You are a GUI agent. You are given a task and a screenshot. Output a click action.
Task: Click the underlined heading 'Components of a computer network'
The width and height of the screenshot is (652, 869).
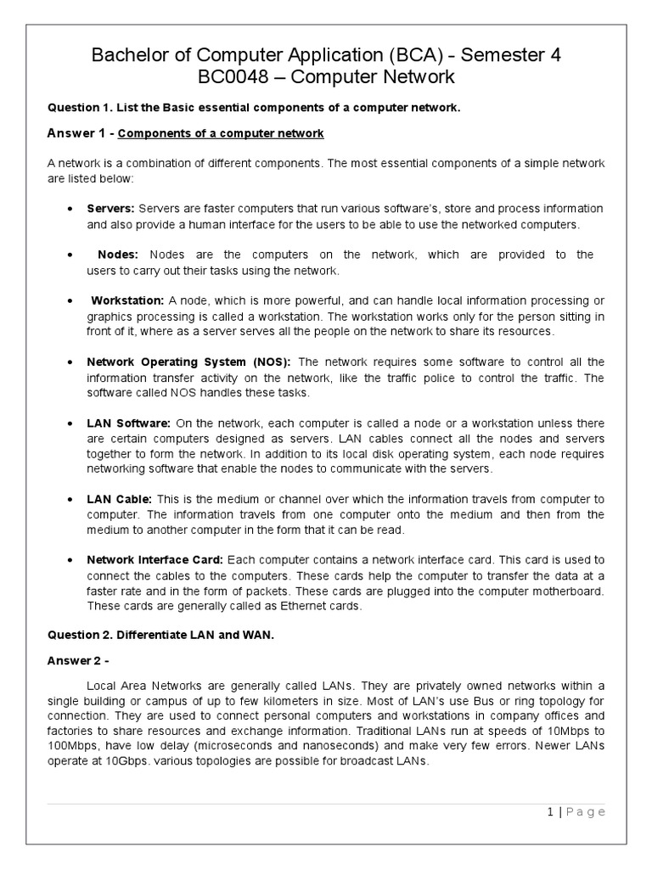(219, 134)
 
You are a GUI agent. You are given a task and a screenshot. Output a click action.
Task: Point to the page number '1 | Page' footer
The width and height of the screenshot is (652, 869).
(576, 811)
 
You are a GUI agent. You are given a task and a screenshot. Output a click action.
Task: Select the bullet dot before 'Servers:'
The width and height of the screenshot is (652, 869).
(68, 209)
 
